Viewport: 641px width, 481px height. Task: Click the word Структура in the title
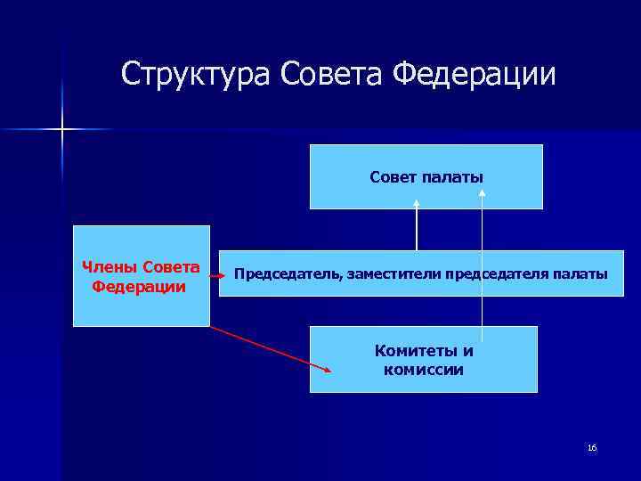[x=196, y=74]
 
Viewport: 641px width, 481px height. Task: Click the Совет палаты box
[x=426, y=176]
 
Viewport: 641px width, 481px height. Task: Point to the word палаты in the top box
[x=455, y=178]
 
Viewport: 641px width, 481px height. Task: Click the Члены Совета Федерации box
[x=141, y=276]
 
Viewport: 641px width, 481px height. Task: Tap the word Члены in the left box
[x=110, y=267]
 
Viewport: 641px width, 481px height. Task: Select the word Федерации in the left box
[x=139, y=287]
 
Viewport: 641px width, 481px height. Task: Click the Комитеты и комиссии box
[x=424, y=359]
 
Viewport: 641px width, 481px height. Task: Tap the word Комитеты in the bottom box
[x=424, y=351]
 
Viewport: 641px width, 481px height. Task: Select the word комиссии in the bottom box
[x=424, y=370]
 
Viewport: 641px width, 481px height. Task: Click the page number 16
[x=592, y=447]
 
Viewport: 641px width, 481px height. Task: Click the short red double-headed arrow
[x=215, y=277]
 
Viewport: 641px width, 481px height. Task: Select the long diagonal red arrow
[x=272, y=348]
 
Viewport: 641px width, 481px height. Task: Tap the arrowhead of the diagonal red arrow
[x=329, y=371]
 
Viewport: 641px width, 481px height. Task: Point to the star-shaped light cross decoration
[x=62, y=130]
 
